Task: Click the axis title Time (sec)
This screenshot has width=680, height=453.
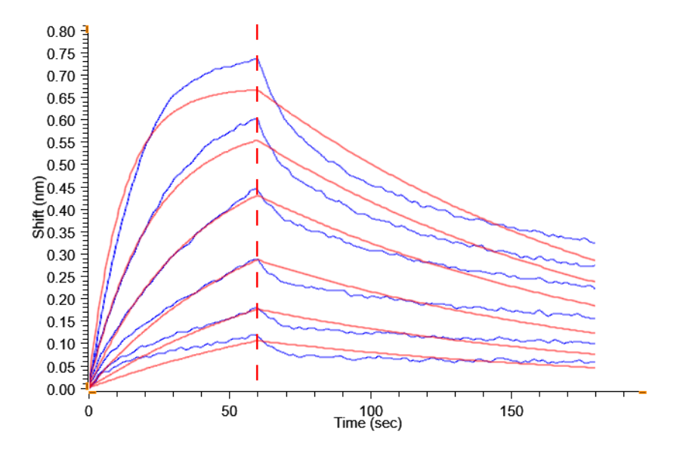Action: point(368,424)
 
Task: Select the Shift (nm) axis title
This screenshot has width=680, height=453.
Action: point(38,210)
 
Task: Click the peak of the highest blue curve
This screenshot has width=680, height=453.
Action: point(256,57)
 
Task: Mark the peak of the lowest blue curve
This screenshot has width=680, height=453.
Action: point(256,334)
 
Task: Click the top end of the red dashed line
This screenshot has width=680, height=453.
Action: point(257,26)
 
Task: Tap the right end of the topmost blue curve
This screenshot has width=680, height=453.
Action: point(595,243)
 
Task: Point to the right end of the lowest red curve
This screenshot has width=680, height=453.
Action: point(595,368)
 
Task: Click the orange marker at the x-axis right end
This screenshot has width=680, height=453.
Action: point(642,393)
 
